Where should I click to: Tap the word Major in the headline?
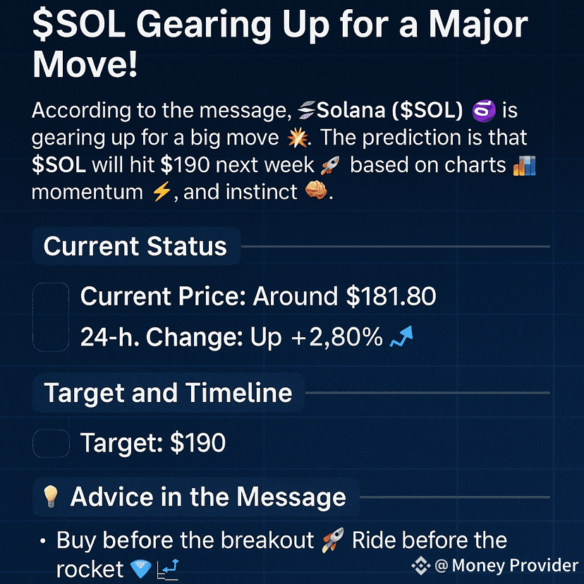(478, 26)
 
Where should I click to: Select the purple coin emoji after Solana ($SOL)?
(483, 111)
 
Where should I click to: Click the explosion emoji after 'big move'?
(298, 138)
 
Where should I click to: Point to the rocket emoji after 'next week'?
(330, 165)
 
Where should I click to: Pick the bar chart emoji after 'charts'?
(524, 165)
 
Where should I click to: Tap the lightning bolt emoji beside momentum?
(162, 193)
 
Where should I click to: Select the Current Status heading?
(135, 246)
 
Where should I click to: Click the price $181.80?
(391, 296)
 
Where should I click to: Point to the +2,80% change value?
(336, 337)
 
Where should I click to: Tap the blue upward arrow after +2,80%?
(401, 336)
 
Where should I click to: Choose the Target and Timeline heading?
(168, 393)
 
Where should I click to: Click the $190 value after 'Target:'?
(197, 443)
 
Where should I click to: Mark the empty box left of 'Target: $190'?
(51, 443)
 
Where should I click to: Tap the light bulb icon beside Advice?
(50, 497)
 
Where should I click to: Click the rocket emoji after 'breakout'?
(333, 540)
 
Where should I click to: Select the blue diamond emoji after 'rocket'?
(141, 569)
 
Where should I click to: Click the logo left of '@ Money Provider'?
(421, 566)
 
